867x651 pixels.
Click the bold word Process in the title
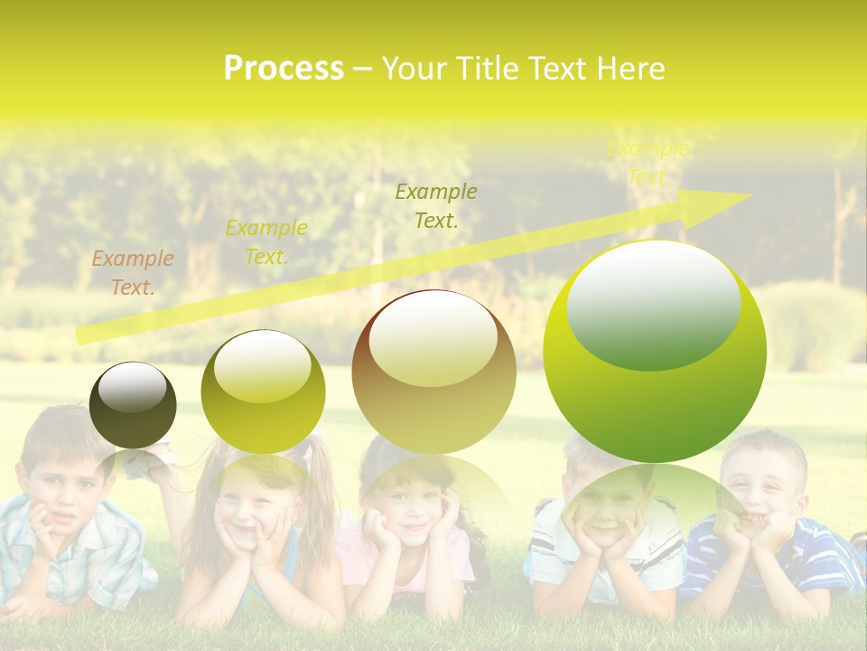tap(284, 69)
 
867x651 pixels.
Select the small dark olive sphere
tap(133, 405)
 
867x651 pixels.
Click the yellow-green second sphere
tap(263, 392)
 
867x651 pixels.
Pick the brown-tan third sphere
tap(434, 372)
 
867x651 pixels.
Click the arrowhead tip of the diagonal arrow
tap(750, 195)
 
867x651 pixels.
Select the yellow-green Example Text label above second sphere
tap(266, 241)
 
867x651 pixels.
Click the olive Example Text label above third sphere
tap(436, 205)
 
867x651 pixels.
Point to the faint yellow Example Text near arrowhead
tap(648, 163)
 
